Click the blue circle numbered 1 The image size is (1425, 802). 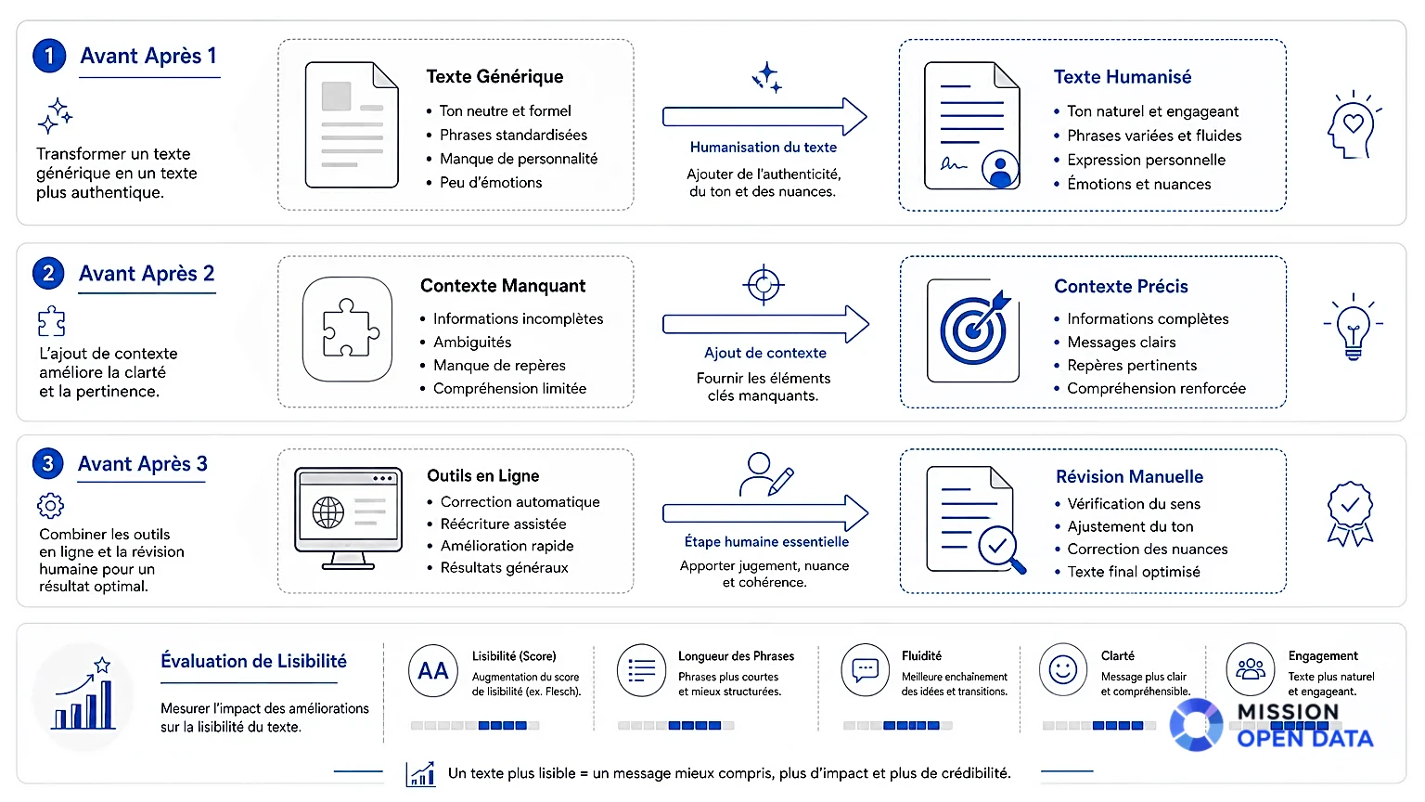coord(49,56)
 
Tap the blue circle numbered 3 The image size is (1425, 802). coord(47,463)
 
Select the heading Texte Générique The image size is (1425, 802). coord(494,76)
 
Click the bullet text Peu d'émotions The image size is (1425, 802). coord(491,183)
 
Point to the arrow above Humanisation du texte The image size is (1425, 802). coord(764,116)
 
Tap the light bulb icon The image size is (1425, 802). coord(1354,327)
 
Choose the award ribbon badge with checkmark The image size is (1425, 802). coord(1350,513)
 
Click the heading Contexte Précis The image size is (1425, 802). coord(1121,287)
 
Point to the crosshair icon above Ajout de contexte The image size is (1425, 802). coord(764,285)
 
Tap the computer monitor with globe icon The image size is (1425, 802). coord(348,518)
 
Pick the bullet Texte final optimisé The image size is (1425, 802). coord(1134,572)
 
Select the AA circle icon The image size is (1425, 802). coord(433,670)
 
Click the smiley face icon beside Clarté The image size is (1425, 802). coord(1063,669)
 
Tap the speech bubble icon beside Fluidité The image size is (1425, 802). coord(866,669)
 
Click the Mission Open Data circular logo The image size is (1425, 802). coord(1196,725)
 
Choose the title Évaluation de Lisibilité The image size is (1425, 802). coord(253,661)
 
